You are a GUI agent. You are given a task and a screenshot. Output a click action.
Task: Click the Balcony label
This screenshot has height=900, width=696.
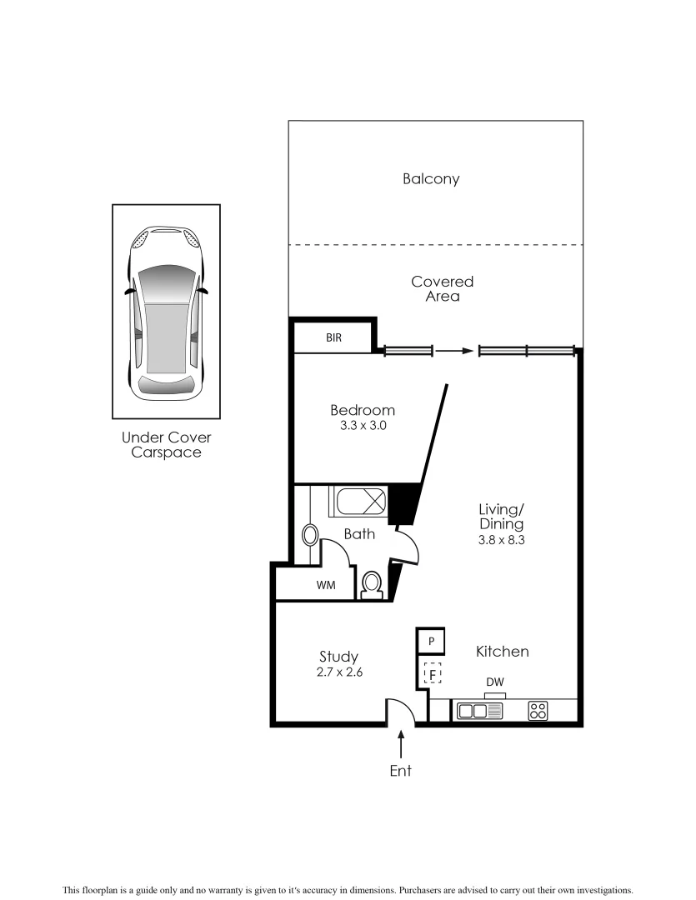[x=431, y=178]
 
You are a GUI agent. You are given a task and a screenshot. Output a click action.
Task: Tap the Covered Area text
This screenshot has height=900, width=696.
[x=442, y=288]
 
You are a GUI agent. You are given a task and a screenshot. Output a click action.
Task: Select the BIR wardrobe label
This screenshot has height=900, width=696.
[x=333, y=338]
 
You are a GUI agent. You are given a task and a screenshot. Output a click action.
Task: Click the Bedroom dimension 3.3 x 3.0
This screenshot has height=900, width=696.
[x=362, y=425]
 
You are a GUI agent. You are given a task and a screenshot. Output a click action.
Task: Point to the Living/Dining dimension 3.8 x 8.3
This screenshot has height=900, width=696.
[x=501, y=539]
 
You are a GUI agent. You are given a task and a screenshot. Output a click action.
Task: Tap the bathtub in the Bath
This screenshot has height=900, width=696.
[x=361, y=502]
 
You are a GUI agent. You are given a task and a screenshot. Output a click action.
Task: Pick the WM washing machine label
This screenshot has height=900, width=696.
[x=325, y=585]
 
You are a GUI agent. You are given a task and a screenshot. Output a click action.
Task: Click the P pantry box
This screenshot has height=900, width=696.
[x=431, y=641]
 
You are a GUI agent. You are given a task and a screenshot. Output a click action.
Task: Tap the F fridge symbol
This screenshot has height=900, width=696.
[x=432, y=672]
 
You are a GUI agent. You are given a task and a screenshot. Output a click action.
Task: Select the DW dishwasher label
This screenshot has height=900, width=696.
[x=495, y=682]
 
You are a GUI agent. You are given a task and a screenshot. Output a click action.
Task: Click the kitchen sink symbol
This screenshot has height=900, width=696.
[x=479, y=711]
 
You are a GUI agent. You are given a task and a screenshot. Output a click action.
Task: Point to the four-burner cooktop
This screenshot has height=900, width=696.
[x=538, y=711]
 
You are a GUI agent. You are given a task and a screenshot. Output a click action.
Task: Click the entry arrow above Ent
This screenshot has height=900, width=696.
[x=401, y=743]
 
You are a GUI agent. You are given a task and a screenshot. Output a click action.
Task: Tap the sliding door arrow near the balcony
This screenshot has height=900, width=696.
[x=454, y=351]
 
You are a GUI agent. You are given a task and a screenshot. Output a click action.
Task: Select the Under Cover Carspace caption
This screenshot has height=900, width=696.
[x=167, y=445]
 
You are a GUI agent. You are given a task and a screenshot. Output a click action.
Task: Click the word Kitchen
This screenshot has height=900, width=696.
[x=502, y=651]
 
